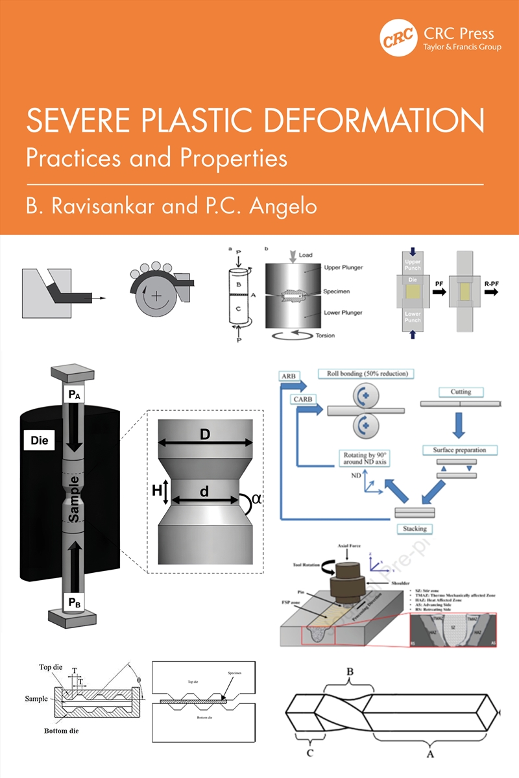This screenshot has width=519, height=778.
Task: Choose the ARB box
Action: click(289, 376)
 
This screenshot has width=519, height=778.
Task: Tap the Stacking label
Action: click(415, 529)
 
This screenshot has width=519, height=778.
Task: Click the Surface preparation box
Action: click(459, 450)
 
